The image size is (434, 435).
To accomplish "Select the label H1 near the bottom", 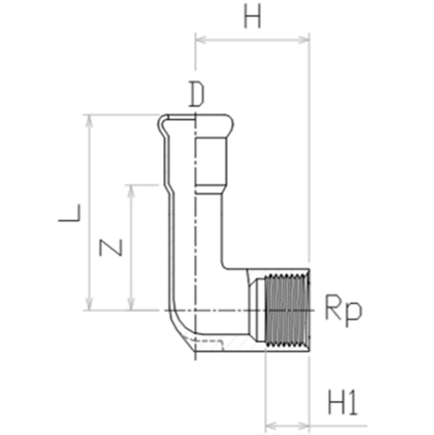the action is point(343,402).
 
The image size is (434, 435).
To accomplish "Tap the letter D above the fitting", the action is point(197,94).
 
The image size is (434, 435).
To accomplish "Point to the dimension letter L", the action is point(69,213).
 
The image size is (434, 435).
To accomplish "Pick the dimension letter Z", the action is point(111,248).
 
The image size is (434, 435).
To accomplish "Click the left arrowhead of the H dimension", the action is point(200,40).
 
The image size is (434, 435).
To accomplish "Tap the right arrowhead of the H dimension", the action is point(304,40).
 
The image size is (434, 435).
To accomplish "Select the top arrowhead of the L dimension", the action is point(89,120).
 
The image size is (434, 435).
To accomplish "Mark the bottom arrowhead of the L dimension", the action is point(89,304).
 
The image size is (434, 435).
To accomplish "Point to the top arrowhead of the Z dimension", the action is point(131,191).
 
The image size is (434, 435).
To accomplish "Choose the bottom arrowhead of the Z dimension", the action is point(131,304).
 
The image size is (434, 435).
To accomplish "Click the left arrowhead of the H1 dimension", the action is point(271,425).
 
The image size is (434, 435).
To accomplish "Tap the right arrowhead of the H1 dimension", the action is point(304,425).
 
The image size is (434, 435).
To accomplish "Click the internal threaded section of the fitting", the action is point(287,311).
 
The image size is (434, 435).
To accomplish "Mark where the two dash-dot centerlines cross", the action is point(195,311).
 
